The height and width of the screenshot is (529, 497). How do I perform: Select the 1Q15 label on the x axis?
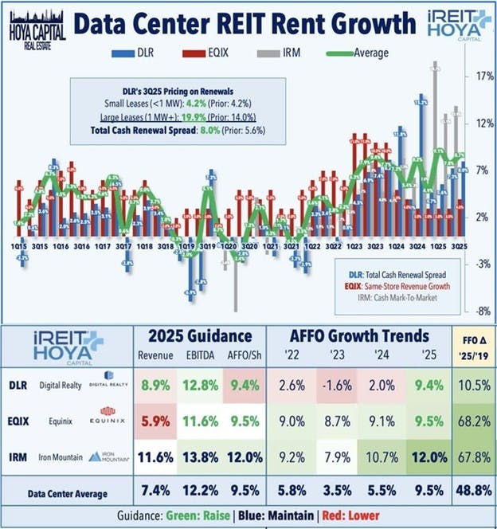point(22,248)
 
